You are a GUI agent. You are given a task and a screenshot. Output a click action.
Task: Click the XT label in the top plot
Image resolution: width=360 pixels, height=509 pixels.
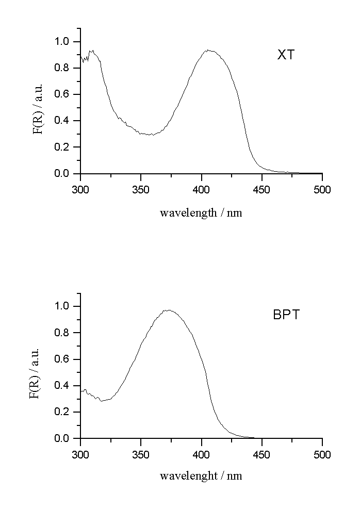(x=286, y=55)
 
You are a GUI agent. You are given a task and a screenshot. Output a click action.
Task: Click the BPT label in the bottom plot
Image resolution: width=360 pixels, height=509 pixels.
(x=286, y=315)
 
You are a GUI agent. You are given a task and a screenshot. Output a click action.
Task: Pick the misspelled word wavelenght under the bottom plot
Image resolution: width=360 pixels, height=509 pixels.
(x=188, y=475)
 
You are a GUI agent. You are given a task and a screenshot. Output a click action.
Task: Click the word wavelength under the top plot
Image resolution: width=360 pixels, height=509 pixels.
(x=188, y=212)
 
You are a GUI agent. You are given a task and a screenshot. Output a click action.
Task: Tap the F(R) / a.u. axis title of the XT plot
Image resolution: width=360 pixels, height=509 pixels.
(x=39, y=108)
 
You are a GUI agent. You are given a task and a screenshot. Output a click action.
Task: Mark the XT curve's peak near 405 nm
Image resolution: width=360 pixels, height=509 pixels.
(x=208, y=50)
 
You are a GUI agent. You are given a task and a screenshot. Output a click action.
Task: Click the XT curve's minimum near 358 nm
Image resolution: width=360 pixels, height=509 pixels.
(x=150, y=135)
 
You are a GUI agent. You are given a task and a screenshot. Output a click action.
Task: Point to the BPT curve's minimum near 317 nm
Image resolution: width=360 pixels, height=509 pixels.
(x=101, y=401)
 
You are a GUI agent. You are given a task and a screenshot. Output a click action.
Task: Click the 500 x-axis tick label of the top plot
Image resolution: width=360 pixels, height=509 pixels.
(x=322, y=190)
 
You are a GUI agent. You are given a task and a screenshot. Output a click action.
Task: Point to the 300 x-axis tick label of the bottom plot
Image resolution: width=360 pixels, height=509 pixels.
(x=80, y=454)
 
